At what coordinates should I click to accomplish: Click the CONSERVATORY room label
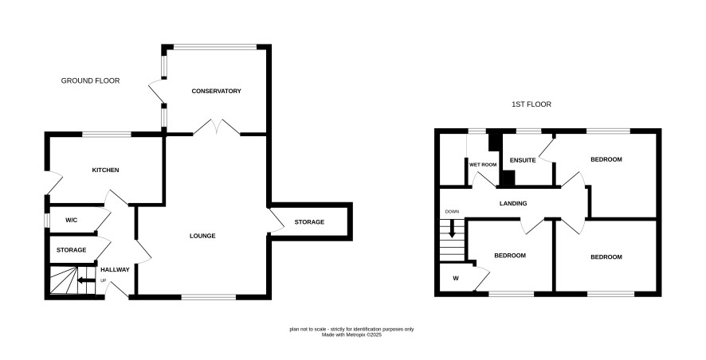216,91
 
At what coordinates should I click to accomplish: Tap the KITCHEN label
105,170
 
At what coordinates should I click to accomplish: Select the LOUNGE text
202,236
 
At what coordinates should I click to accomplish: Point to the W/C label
72,221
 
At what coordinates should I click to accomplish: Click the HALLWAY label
115,269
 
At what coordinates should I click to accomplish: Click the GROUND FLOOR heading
91,81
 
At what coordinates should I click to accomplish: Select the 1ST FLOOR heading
531,104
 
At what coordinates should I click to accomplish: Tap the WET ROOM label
483,165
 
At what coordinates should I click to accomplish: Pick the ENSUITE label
523,160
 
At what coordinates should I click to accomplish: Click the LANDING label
513,203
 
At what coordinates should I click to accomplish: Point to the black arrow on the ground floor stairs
86,280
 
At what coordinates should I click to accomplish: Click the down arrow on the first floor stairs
452,229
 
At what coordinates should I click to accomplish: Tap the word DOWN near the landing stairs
452,212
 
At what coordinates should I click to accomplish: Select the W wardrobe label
456,279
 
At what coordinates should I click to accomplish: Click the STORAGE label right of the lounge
309,222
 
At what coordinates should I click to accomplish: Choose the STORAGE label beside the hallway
71,250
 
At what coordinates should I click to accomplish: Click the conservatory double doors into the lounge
217,127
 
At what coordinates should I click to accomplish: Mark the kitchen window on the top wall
106,134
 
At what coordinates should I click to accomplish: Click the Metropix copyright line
351,335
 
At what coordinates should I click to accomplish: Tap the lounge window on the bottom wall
209,297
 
